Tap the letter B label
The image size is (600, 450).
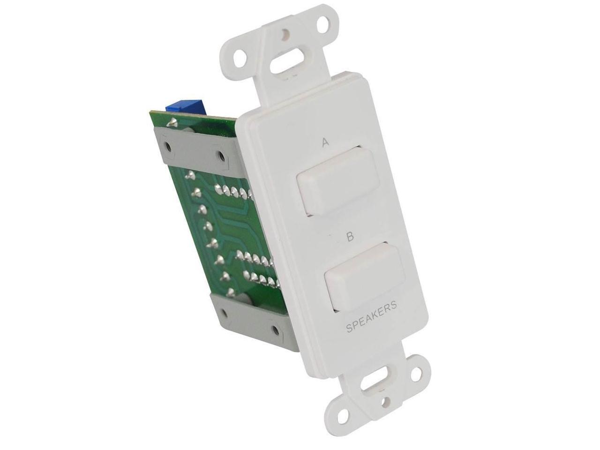tap(350, 237)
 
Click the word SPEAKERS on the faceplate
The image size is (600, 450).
tap(371, 318)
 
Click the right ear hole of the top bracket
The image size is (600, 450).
tap(322, 23)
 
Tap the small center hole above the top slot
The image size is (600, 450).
tap(285, 35)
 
